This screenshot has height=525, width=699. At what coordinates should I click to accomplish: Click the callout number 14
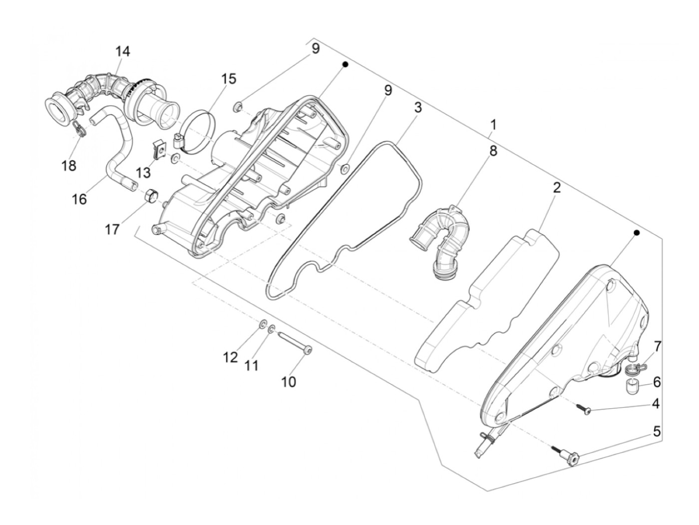pyautogui.click(x=123, y=51)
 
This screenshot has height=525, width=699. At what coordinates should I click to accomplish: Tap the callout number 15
pyautogui.click(x=229, y=79)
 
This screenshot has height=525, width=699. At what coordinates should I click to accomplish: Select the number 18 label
pyautogui.click(x=69, y=165)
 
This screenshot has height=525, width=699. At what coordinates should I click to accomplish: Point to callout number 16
pyautogui.click(x=79, y=199)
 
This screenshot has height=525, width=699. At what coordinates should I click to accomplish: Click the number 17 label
pyautogui.click(x=112, y=229)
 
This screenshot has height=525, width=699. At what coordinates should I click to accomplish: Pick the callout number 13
pyautogui.click(x=143, y=172)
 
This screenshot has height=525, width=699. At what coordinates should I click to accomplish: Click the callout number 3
pyautogui.click(x=417, y=107)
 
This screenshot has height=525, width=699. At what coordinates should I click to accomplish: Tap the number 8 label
pyautogui.click(x=493, y=151)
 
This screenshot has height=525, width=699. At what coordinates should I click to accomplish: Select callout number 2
pyautogui.click(x=556, y=188)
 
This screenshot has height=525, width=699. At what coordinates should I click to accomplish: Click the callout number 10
pyautogui.click(x=288, y=382)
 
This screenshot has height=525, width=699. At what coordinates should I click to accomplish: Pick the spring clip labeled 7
pyautogui.click(x=633, y=369)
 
